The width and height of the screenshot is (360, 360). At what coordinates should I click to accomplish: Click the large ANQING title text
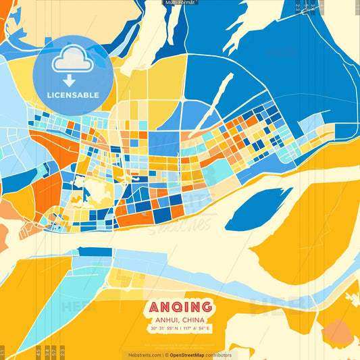(179, 307)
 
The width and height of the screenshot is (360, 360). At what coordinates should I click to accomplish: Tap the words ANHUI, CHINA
(179, 319)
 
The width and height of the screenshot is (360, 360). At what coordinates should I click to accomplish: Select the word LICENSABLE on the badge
(73, 95)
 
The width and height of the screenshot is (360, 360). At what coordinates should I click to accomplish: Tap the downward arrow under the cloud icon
(70, 80)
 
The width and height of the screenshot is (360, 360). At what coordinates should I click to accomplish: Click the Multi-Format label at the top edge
(180, 3)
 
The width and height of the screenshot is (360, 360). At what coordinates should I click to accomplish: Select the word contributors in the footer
(220, 355)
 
